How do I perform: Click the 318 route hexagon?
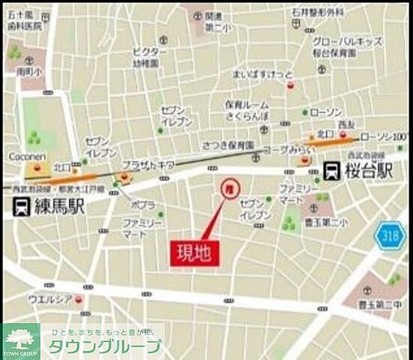390,235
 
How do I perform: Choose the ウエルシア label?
50,299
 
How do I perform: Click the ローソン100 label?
382,137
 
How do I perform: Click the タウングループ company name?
105,346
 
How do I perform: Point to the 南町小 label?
27,72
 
